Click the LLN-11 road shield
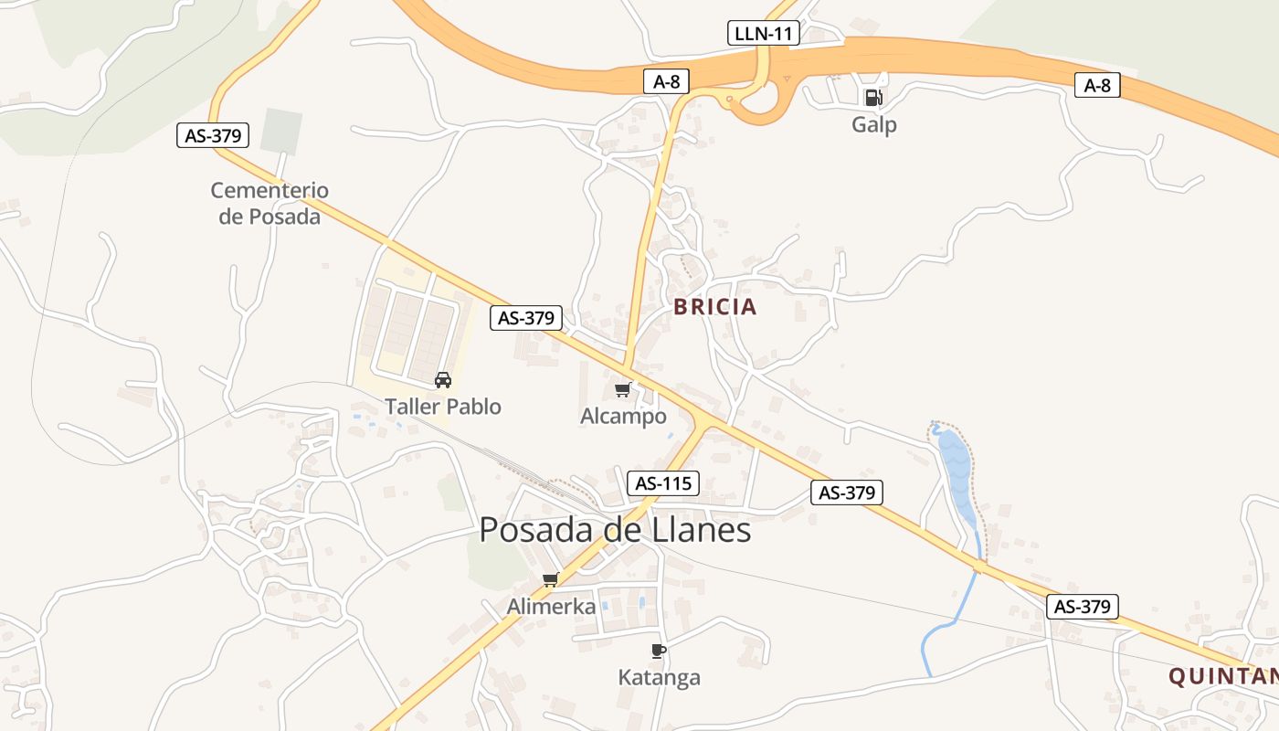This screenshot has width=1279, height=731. [x=764, y=34]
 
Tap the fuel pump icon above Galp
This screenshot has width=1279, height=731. [x=873, y=98]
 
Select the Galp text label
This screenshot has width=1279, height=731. [x=874, y=124]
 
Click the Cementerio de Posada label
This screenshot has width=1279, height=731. [x=270, y=203]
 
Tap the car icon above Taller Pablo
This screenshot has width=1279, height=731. [x=443, y=380]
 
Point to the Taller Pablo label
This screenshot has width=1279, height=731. [x=443, y=406]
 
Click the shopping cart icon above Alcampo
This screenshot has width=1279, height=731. [x=623, y=390]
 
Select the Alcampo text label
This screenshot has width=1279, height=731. [x=623, y=416]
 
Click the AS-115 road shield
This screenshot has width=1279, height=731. [x=663, y=483]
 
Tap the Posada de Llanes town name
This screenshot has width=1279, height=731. [x=615, y=530]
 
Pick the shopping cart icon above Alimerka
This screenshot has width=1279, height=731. [x=551, y=580]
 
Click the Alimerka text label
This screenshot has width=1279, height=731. [x=551, y=606]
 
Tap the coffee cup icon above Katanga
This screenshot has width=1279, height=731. [x=659, y=651]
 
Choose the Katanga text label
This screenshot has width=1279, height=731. [x=659, y=677]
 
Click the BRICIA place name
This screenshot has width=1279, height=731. [x=715, y=307]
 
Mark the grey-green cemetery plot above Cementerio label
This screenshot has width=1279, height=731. [x=280, y=131]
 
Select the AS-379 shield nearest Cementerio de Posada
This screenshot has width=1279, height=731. [x=213, y=136]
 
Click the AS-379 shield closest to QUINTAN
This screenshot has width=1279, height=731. [x=1083, y=606]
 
